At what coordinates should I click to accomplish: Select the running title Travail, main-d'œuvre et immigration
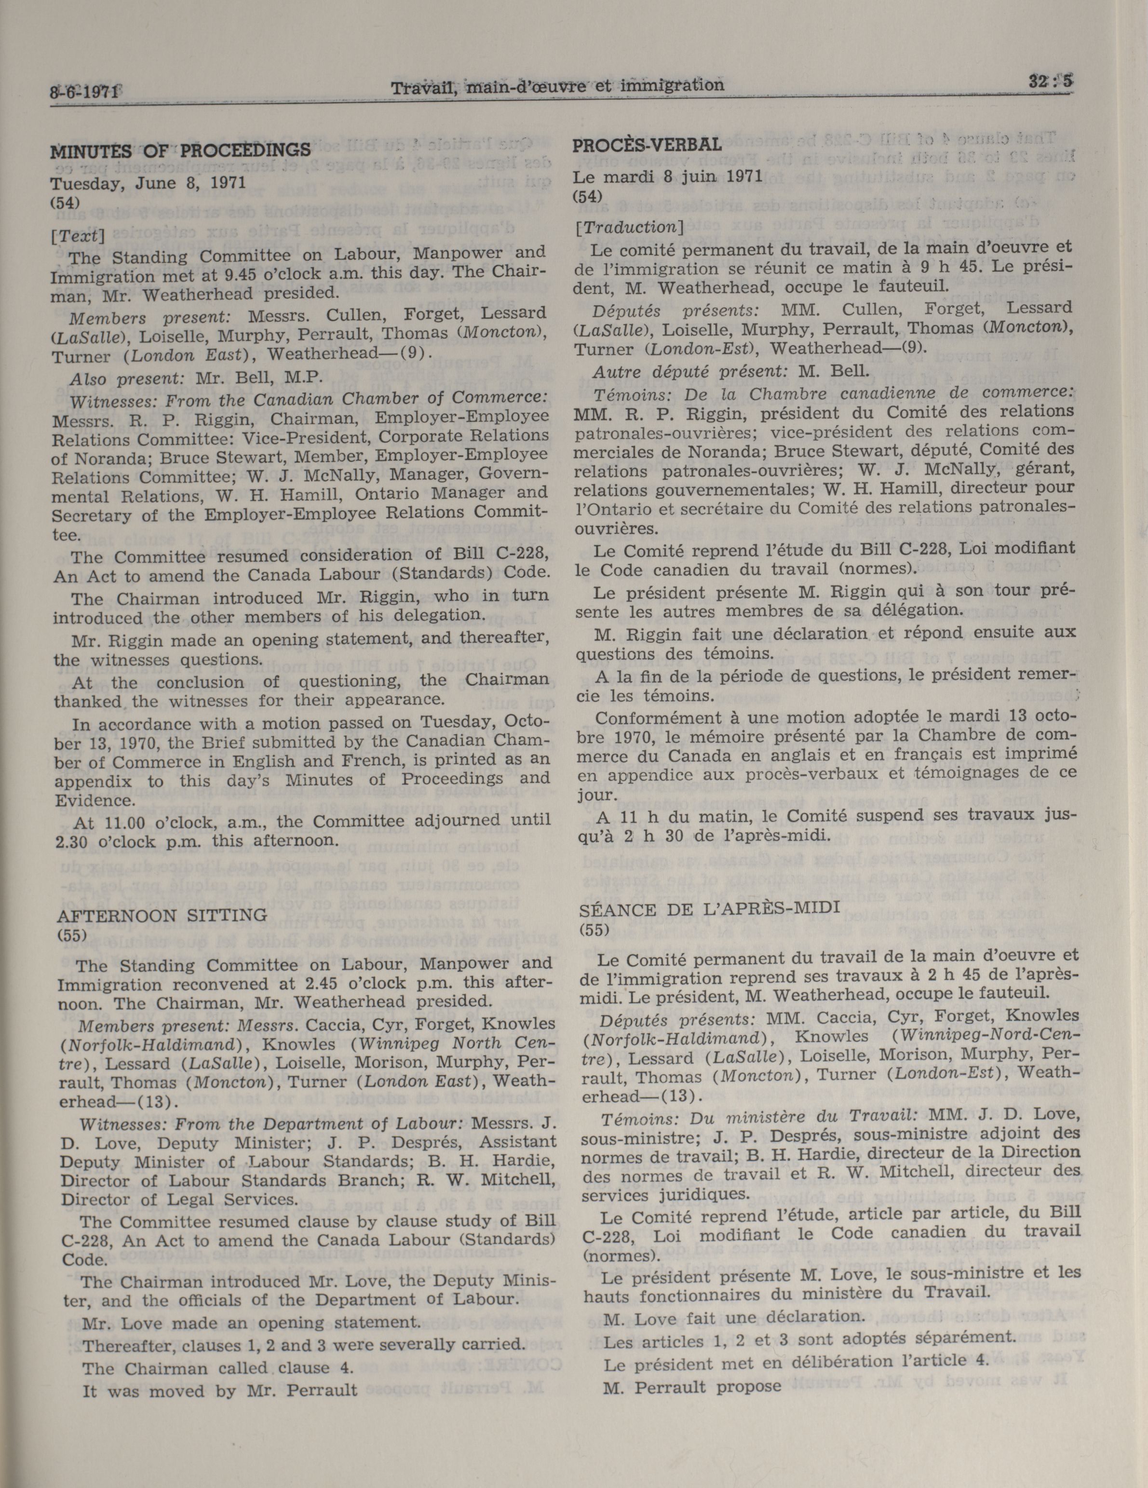click(x=557, y=86)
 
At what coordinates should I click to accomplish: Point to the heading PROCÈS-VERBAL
click(x=647, y=145)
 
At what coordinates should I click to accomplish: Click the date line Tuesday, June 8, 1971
click(x=148, y=183)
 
